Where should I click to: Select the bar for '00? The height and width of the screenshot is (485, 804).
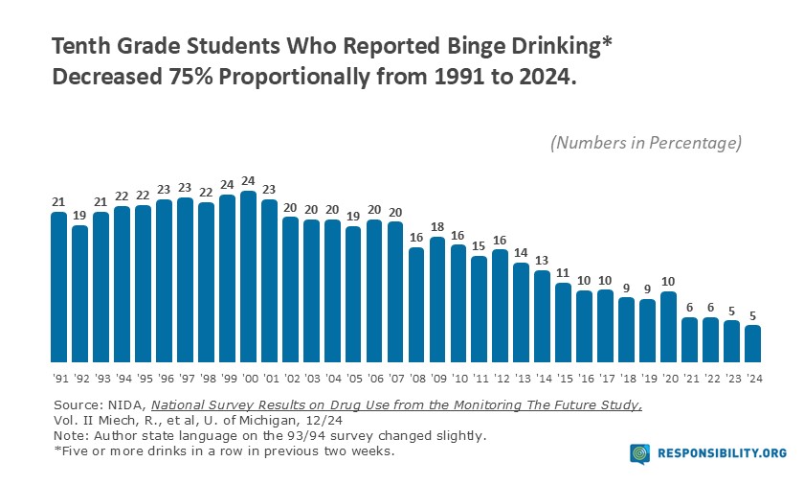tap(249, 274)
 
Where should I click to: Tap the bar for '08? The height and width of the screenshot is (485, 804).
tap(417, 302)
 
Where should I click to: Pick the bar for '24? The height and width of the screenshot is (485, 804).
tap(753, 341)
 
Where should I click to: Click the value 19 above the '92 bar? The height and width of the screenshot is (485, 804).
tap(80, 217)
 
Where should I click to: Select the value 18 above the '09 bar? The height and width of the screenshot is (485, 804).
tap(438, 228)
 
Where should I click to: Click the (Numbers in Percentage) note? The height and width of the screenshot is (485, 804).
tap(646, 143)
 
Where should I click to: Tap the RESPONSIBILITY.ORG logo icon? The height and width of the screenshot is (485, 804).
tap(640, 452)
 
